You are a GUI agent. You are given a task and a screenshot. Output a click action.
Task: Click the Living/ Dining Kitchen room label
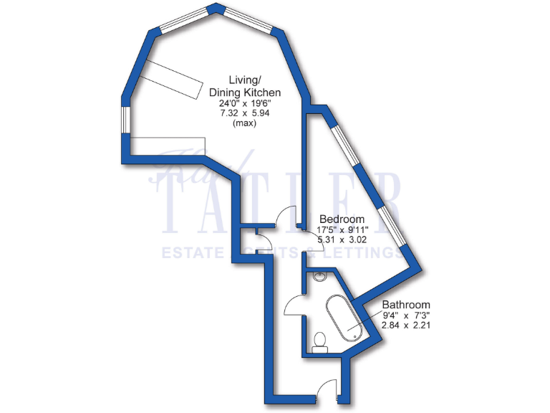coord(244,86)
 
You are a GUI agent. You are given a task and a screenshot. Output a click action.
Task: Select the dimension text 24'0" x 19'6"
coord(244,103)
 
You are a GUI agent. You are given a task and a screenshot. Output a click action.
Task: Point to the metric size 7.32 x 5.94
coord(244,113)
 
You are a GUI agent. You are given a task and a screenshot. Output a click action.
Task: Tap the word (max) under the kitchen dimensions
coord(244,123)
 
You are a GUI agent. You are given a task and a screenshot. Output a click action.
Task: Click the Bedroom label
coord(342,219)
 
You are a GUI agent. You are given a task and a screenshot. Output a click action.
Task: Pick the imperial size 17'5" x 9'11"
coord(342,229)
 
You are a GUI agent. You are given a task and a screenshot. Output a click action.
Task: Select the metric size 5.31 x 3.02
coord(342,240)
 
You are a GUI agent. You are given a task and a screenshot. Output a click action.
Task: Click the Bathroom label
coord(405,304)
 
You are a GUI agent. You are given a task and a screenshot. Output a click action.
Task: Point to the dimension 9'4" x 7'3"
coord(405,315)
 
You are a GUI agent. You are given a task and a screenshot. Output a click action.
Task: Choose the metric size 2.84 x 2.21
coord(405,325)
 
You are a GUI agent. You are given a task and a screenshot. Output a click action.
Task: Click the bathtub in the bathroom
coord(344,318)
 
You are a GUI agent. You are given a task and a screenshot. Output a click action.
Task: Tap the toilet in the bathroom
coord(319,341)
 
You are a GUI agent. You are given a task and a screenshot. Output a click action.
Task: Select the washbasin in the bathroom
coord(319,275)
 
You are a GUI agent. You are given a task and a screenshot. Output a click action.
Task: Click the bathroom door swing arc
coord(294,307)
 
